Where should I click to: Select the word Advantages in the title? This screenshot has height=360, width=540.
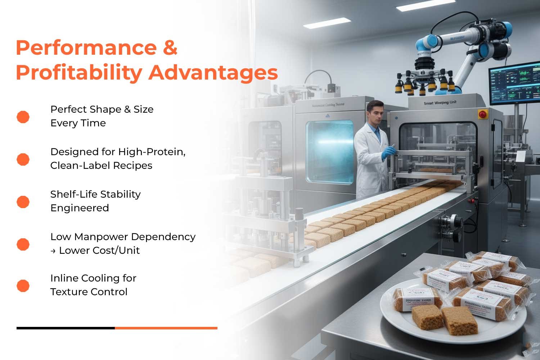213,73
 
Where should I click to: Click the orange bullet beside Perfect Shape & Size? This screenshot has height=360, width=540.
23,117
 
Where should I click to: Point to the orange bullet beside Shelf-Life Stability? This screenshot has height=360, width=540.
23,202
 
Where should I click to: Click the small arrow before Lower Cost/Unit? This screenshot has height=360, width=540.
53,251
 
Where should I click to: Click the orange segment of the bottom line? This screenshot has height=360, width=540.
166,328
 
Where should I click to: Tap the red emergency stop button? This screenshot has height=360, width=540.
482,114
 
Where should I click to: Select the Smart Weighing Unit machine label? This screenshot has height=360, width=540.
440,103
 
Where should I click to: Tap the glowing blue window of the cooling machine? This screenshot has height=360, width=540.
329,152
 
